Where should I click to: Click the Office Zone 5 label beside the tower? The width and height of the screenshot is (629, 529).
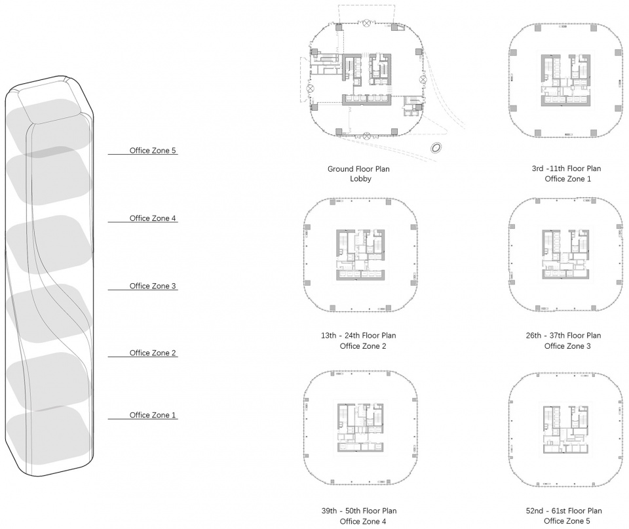point(153,151)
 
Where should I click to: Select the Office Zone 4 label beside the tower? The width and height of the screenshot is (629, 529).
point(153,218)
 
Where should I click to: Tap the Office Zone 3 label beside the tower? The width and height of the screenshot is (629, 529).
point(153,286)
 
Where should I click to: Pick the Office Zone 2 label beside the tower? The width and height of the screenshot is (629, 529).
point(153,353)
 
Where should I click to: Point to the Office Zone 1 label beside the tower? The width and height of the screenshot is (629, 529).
point(153,416)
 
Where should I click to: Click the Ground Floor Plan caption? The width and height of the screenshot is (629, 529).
point(358,169)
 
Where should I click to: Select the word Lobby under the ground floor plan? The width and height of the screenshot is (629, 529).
point(360,179)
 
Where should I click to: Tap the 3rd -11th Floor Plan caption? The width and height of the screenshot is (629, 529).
point(566,168)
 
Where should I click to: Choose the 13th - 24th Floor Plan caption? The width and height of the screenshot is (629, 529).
point(358,336)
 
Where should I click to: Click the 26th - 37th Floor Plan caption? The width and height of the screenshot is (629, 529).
point(563,336)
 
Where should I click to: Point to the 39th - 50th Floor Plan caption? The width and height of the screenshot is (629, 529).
point(359,511)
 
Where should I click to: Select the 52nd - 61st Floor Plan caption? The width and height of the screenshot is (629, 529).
point(564,511)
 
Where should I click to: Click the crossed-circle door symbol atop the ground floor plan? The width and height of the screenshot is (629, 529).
point(366,24)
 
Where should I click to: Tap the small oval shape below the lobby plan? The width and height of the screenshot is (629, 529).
point(436,148)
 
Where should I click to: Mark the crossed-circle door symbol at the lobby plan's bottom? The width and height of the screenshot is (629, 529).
point(367,136)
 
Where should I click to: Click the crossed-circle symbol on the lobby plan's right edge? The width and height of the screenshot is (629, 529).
point(423,79)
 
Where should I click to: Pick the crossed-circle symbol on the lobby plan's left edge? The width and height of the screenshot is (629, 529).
point(310,88)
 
